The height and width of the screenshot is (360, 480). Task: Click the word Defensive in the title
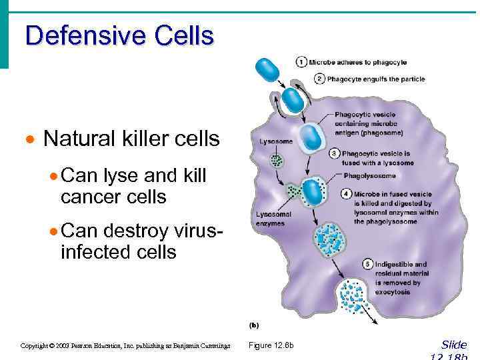click(83, 35)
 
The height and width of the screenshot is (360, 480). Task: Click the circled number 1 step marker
click(302, 63)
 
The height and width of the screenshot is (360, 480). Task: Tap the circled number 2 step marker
click(319, 79)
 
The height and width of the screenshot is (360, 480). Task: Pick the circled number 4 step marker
click(347, 194)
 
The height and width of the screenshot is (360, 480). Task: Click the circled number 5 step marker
click(367, 265)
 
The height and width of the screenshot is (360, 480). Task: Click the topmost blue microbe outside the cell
click(269, 70)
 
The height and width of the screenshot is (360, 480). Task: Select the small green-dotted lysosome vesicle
click(277, 160)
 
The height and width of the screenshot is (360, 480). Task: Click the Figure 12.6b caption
click(271, 345)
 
